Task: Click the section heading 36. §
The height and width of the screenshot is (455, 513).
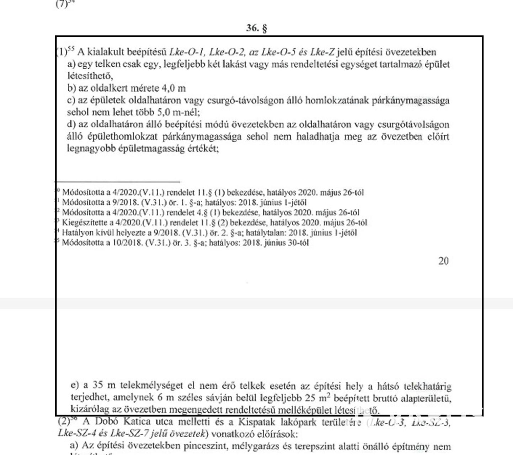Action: point(256,28)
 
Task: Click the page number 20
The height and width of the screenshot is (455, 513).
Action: point(443,261)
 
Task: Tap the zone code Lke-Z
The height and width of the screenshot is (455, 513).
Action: point(322,52)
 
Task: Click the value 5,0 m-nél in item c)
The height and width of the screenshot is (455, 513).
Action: point(179,112)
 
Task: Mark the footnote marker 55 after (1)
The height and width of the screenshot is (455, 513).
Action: point(71,50)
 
